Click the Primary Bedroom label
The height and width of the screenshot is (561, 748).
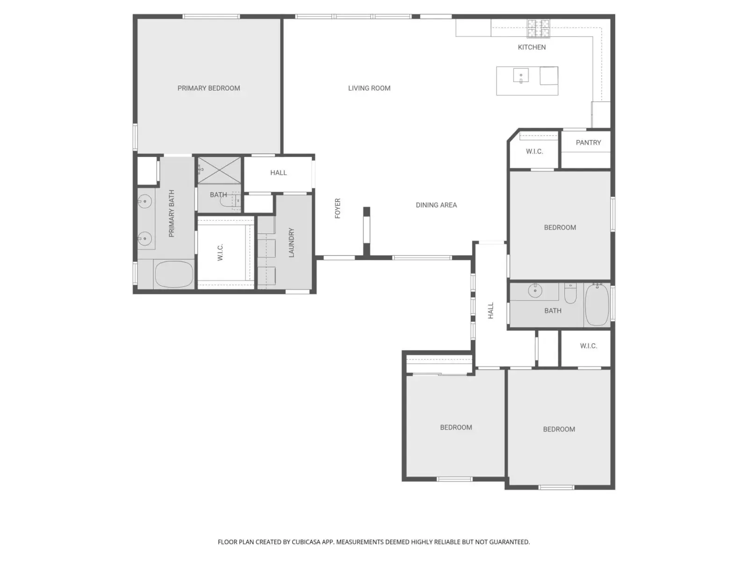click(209, 88)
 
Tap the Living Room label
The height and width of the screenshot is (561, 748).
click(369, 88)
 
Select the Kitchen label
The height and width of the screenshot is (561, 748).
click(532, 47)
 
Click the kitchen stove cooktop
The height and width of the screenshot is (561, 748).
click(539, 28)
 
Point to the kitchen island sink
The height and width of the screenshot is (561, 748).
click(521, 75)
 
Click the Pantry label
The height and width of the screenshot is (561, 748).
click(588, 143)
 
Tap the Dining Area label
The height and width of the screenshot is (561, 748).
click(436, 205)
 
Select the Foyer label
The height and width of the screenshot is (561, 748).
click(338, 208)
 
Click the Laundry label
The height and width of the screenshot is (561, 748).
click(291, 243)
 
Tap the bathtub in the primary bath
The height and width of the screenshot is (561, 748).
click(174, 274)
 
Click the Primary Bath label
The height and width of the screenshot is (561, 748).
click(172, 213)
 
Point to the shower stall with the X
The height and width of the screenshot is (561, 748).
click(219, 170)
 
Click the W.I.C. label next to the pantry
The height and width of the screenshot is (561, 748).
click(534, 151)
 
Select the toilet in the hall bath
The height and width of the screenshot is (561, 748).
click(570, 293)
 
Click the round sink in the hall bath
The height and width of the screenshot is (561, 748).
click(535, 290)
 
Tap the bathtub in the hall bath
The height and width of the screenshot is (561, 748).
click(597, 304)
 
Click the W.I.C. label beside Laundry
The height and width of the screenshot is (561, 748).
click(220, 252)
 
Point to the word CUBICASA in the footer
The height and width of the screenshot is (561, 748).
click(306, 542)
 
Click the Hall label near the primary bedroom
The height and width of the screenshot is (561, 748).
click(279, 173)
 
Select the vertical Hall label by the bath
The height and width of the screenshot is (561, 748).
click(490, 310)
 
